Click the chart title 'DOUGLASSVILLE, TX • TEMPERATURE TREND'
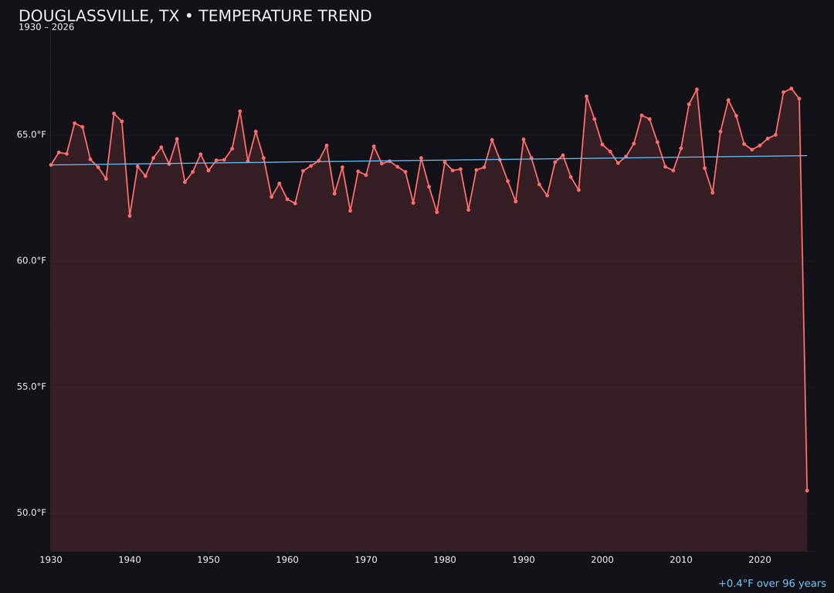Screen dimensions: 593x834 click(x=195, y=16)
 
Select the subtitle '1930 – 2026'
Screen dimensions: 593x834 click(x=46, y=28)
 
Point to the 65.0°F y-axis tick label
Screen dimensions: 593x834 click(x=32, y=134)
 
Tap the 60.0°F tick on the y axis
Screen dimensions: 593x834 click(x=32, y=260)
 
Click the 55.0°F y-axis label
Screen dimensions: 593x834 click(x=32, y=387)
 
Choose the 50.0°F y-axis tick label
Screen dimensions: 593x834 click(x=32, y=513)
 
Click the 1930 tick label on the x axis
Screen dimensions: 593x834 click(x=51, y=560)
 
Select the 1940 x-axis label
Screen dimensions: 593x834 click(x=130, y=560)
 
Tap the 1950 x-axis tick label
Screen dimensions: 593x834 click(x=208, y=560)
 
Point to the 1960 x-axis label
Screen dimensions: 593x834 click(x=287, y=560)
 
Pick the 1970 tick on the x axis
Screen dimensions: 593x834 click(x=366, y=560)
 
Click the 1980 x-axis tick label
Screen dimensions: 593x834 click(x=445, y=560)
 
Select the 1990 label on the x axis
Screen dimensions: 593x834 click(x=524, y=560)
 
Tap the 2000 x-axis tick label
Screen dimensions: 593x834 click(x=602, y=560)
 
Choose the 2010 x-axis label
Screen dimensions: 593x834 click(x=681, y=560)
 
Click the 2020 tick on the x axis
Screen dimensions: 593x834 click(x=760, y=560)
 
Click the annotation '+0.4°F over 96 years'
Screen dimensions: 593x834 click(x=771, y=584)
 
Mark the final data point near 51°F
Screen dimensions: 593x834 click(x=807, y=490)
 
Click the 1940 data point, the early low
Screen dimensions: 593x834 click(x=130, y=215)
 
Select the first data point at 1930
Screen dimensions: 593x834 click(x=51, y=164)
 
